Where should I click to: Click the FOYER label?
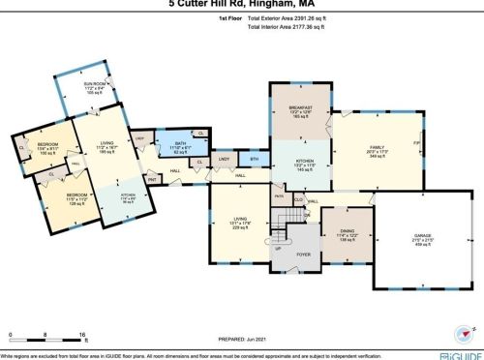[x=303, y=256]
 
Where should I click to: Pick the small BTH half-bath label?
[x=255, y=159]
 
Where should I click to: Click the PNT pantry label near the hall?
[x=153, y=179]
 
